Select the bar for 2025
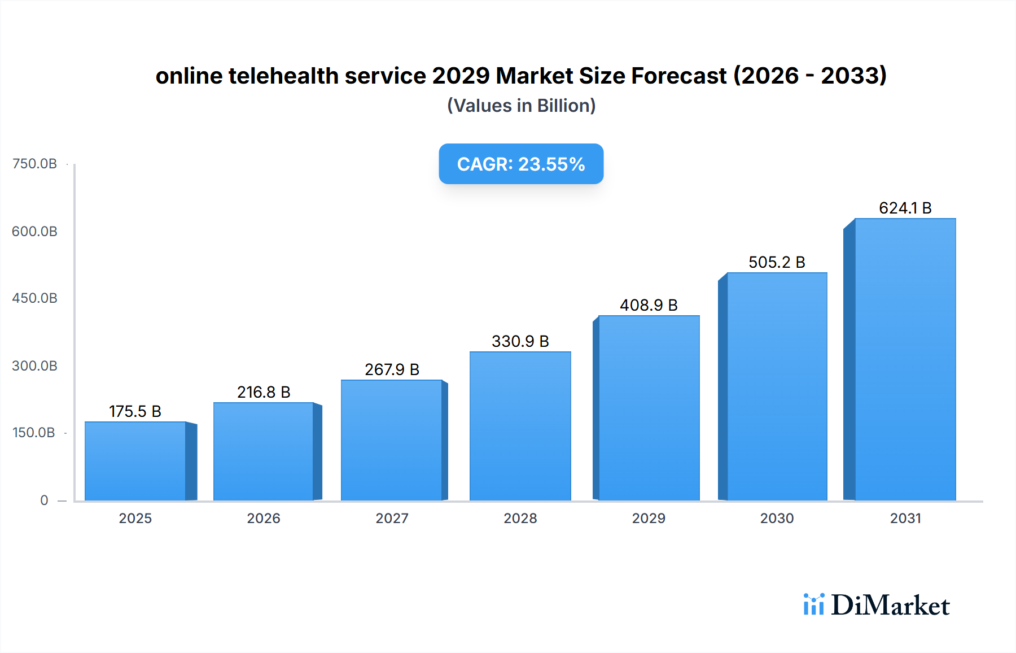click(x=135, y=461)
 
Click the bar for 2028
click(x=520, y=426)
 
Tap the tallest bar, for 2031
click(x=905, y=359)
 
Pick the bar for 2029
click(x=649, y=408)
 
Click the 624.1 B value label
click(x=905, y=208)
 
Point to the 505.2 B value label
click(x=777, y=262)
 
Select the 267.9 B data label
click(x=392, y=369)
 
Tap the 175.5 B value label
click(x=135, y=411)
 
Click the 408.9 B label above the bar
click(x=649, y=305)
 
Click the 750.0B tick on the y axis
click(x=34, y=164)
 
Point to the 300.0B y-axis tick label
click(x=34, y=366)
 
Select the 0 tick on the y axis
click(x=44, y=500)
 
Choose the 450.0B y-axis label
click(x=34, y=298)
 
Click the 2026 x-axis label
click(x=264, y=519)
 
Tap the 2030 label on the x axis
click(x=777, y=519)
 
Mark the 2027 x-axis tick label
click(x=392, y=519)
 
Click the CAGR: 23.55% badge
click(x=521, y=164)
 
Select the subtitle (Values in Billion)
click(x=521, y=106)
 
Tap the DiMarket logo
click(x=877, y=605)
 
